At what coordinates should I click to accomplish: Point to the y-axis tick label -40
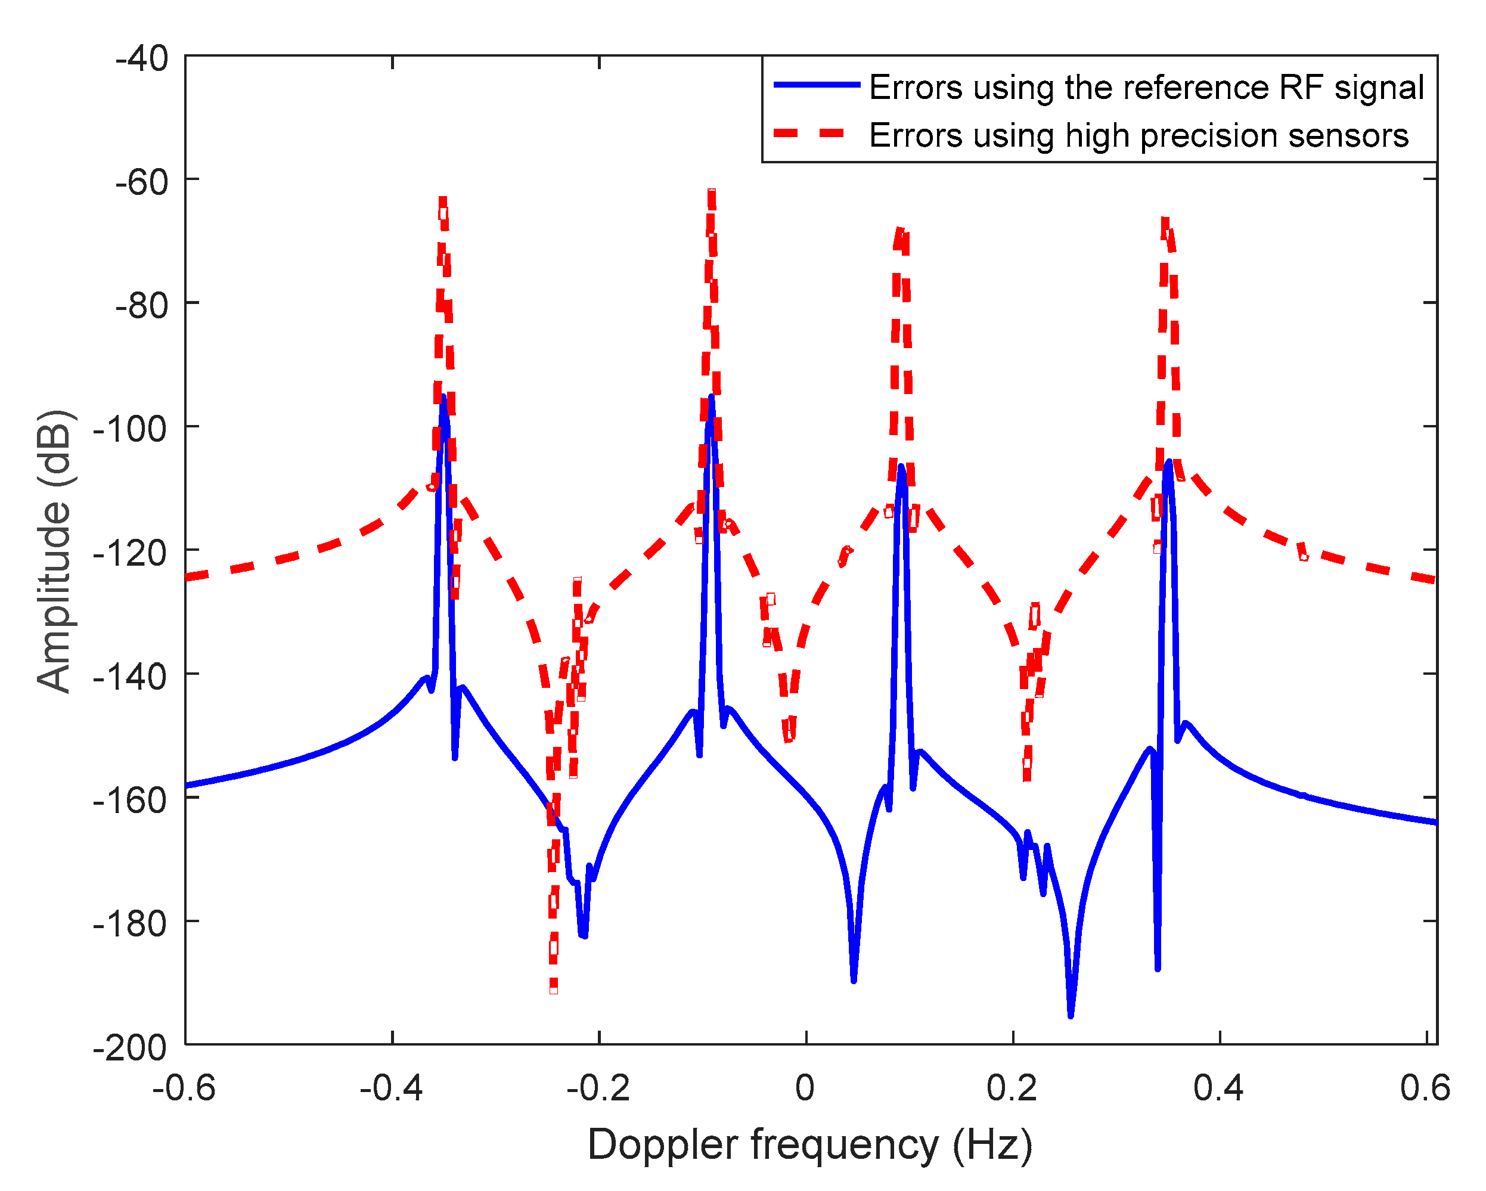click(142, 58)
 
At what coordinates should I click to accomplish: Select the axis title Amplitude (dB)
click(54, 551)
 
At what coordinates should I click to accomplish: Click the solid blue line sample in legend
click(817, 85)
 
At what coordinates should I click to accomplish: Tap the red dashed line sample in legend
click(817, 133)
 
